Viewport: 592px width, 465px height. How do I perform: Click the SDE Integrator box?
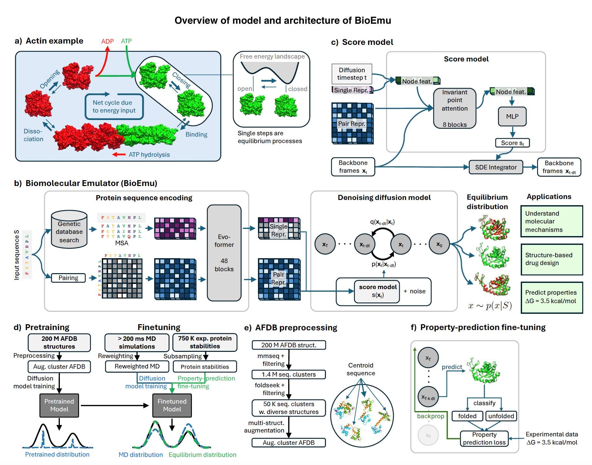[496, 167]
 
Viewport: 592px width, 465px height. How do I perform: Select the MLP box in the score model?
[512, 116]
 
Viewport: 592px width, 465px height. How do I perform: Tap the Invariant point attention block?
[454, 108]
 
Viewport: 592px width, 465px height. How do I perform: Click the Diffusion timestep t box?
[352, 74]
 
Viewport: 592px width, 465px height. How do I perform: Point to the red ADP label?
[107, 41]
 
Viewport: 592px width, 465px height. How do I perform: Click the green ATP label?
[126, 41]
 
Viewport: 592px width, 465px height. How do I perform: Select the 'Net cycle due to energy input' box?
[114, 107]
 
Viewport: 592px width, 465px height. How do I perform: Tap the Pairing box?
[68, 278]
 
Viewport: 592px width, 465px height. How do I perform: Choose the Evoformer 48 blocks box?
[224, 253]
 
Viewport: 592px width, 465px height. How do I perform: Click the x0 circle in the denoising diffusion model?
[439, 245]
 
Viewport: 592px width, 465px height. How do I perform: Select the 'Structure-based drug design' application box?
[551, 259]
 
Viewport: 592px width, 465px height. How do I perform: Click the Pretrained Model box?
[59, 405]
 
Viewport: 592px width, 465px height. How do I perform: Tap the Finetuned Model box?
[172, 405]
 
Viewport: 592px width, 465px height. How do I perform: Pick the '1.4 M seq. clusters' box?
[289, 374]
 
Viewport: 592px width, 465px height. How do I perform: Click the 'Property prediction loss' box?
[484, 438]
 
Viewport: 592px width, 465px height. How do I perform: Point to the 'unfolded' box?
[501, 416]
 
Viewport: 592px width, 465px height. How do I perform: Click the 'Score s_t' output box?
[512, 143]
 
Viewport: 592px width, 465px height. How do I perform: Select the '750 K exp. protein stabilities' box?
[205, 342]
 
